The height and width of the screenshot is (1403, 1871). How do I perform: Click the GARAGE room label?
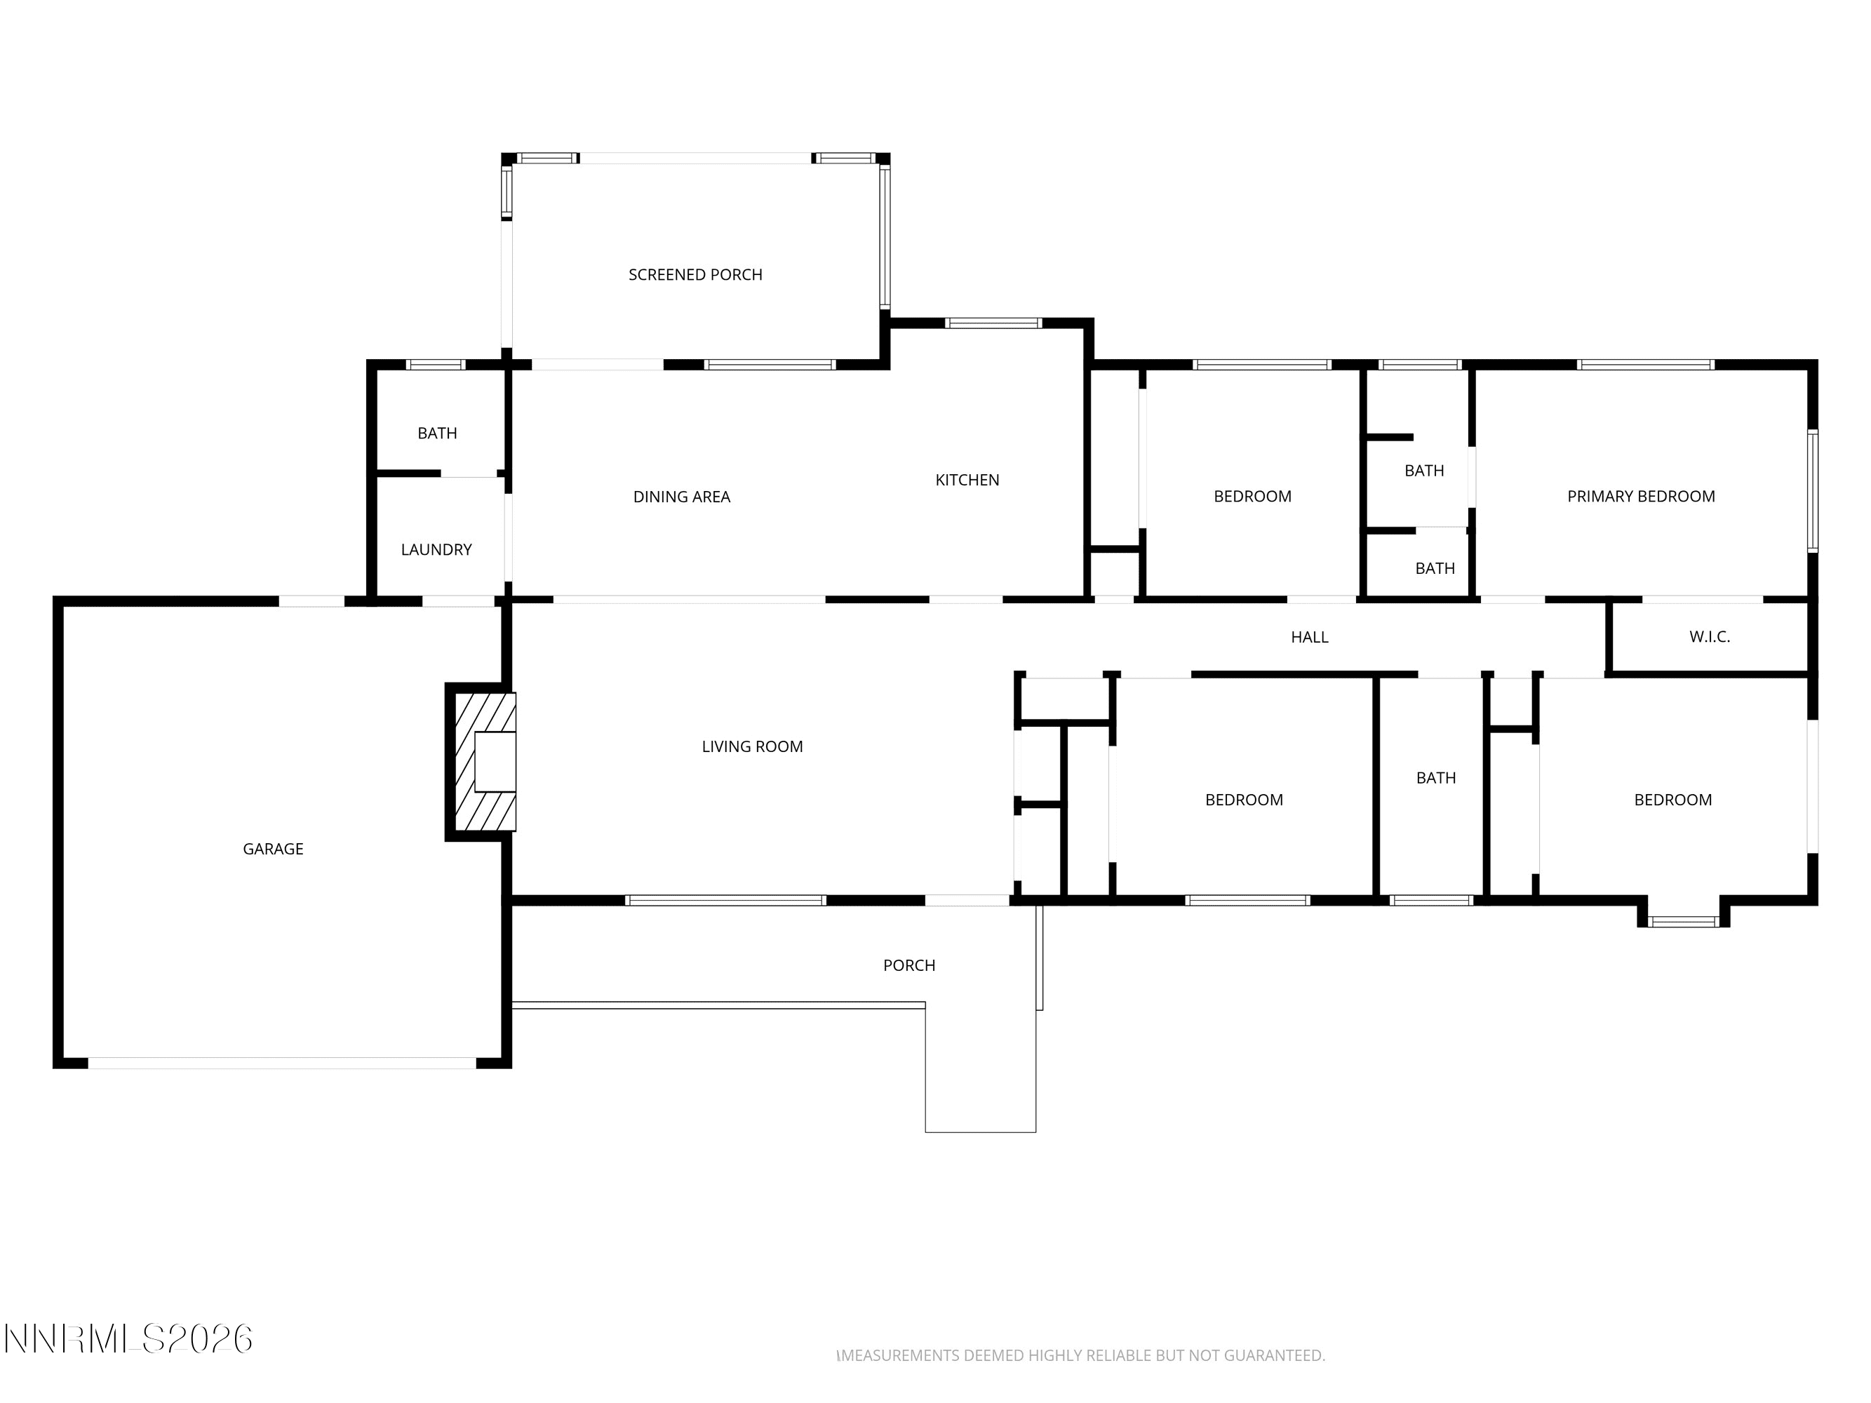pyautogui.click(x=272, y=849)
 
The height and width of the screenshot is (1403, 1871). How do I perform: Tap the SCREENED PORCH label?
pyautogui.click(x=695, y=275)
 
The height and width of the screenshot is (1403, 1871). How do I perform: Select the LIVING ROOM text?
pyautogui.click(x=752, y=746)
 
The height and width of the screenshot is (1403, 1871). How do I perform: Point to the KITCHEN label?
pyautogui.click(x=967, y=481)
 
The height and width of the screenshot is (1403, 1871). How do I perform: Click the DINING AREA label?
pyautogui.click(x=682, y=497)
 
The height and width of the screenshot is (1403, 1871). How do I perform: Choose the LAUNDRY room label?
pyautogui.click(x=436, y=550)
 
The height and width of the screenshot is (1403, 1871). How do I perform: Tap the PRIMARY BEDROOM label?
pyautogui.click(x=1641, y=497)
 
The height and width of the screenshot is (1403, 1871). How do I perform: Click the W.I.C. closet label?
pyautogui.click(x=1710, y=637)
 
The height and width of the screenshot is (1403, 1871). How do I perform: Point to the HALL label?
pyautogui.click(x=1309, y=638)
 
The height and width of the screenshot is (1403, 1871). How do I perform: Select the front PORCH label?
pyautogui.click(x=909, y=966)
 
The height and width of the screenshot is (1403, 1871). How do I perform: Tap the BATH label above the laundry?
pyautogui.click(x=437, y=433)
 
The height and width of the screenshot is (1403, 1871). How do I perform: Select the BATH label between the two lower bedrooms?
pyautogui.click(x=1436, y=778)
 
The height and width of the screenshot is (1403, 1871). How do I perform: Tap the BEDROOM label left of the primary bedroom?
pyautogui.click(x=1253, y=497)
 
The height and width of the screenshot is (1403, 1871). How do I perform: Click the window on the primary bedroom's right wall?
pyautogui.click(x=1813, y=491)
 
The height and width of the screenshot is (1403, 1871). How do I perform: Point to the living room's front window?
pyautogui.click(x=725, y=901)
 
